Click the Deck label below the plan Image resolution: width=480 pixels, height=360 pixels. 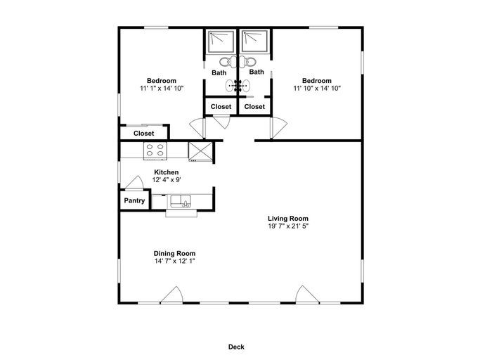(236, 347)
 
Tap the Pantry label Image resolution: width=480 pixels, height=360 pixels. (134, 200)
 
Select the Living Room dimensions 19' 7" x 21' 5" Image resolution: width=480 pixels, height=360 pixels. (288, 226)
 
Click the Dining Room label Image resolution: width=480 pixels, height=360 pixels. (174, 253)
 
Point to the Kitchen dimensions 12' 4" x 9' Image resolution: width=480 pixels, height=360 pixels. (167, 180)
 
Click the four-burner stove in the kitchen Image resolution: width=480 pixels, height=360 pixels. (155, 150)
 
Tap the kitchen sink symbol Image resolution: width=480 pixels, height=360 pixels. (181, 201)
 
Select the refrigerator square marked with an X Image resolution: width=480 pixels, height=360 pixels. (200, 151)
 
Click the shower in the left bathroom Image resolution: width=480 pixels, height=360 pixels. (221, 41)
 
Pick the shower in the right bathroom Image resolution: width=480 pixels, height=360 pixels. (254, 41)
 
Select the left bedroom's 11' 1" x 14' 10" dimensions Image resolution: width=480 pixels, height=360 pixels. (162, 88)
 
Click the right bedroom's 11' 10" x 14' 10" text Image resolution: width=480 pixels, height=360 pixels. (317, 88)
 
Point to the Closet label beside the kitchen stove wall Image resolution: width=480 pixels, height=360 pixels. (144, 134)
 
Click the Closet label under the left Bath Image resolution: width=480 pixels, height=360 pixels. (221, 107)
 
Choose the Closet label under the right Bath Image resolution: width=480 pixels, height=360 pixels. (254, 107)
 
